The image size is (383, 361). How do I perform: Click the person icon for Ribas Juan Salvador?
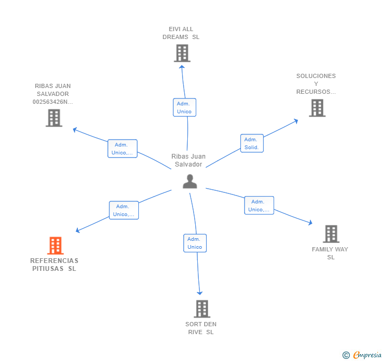click(189, 181)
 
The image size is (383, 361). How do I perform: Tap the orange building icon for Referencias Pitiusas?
click(55, 246)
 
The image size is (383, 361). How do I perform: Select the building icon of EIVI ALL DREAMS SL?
click(182, 53)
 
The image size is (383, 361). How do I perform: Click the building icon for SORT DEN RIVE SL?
click(201, 309)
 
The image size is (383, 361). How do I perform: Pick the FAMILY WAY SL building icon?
click(330, 234)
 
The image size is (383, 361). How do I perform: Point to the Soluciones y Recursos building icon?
click(317, 108)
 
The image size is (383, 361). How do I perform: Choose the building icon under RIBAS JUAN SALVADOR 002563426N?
click(54, 118)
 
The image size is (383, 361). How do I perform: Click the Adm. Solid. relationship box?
click(252, 143)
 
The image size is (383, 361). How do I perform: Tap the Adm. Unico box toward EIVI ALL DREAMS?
click(184, 108)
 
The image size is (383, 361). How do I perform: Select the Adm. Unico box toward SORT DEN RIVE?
click(195, 243)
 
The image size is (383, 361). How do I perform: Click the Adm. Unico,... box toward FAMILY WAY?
click(259, 206)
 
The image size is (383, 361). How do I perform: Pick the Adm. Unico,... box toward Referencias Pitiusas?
click(124, 210)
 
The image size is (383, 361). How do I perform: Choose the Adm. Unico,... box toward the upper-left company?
click(122, 149)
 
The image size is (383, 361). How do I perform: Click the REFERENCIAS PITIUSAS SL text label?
click(54, 265)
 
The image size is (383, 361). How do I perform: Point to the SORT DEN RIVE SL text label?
click(201, 328)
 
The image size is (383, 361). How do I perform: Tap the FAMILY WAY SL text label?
click(330, 253)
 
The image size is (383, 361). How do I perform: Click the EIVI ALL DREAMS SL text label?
click(181, 33)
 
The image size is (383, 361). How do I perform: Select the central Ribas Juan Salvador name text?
click(189, 160)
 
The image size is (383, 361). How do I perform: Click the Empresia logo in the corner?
click(362, 355)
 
